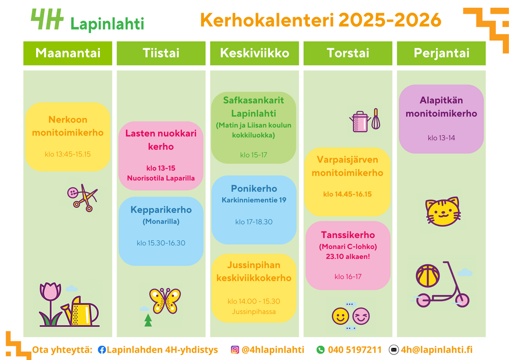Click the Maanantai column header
[68, 53]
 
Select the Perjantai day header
[441, 53]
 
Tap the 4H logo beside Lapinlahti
[47, 19]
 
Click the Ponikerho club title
[254, 188]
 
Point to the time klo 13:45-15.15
[68, 154]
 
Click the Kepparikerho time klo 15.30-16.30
[161, 243]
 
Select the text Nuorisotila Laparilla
[161, 178]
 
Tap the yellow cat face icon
[443, 211]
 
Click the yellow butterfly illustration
[165, 300]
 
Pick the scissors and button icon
[82, 198]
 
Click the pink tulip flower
[50, 303]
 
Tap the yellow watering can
[81, 311]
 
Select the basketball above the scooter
[428, 275]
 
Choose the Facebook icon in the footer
[102, 350]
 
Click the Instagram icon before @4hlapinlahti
[235, 350]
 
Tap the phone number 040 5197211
[354, 350]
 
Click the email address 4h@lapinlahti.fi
[437, 350]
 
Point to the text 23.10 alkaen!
[348, 257]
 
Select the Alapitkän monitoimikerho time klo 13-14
[441, 138]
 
